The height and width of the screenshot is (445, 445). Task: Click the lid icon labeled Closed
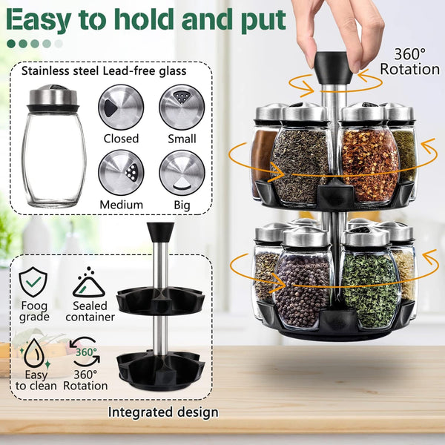(121, 107)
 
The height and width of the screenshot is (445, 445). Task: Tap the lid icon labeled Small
(182, 107)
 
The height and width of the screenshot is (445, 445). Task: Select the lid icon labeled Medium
(121, 172)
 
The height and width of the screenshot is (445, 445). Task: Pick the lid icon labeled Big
(182, 172)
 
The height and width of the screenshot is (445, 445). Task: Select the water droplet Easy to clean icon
(33, 351)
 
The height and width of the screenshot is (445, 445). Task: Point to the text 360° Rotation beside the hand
(409, 62)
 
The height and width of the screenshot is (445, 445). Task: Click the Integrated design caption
(163, 412)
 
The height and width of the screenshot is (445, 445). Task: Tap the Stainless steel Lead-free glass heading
(104, 71)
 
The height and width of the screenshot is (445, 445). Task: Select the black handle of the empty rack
(160, 231)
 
